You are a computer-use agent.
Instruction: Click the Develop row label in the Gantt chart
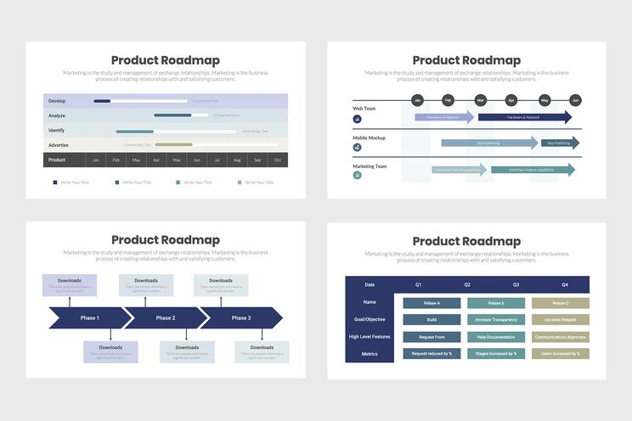click(x=57, y=101)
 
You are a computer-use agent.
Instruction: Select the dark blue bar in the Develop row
click(x=102, y=101)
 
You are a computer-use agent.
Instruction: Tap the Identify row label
click(x=57, y=131)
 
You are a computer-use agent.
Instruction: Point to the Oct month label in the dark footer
click(x=277, y=160)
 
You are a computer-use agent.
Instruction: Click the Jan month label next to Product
click(x=96, y=160)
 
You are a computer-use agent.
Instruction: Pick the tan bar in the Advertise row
click(x=173, y=145)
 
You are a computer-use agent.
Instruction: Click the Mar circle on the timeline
click(x=481, y=100)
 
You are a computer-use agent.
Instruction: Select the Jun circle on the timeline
click(x=575, y=100)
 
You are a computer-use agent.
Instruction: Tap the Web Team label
click(x=364, y=109)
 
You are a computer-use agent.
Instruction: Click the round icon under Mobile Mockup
click(x=357, y=147)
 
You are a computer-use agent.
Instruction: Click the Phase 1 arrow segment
click(x=88, y=317)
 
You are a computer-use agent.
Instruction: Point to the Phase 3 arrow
click(x=241, y=317)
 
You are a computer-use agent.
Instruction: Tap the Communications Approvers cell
click(x=560, y=337)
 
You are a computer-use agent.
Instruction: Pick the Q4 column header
click(x=564, y=284)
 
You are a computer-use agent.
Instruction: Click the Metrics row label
click(x=370, y=353)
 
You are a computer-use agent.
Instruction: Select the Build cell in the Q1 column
click(x=432, y=320)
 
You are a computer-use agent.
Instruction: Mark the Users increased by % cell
click(x=560, y=353)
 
